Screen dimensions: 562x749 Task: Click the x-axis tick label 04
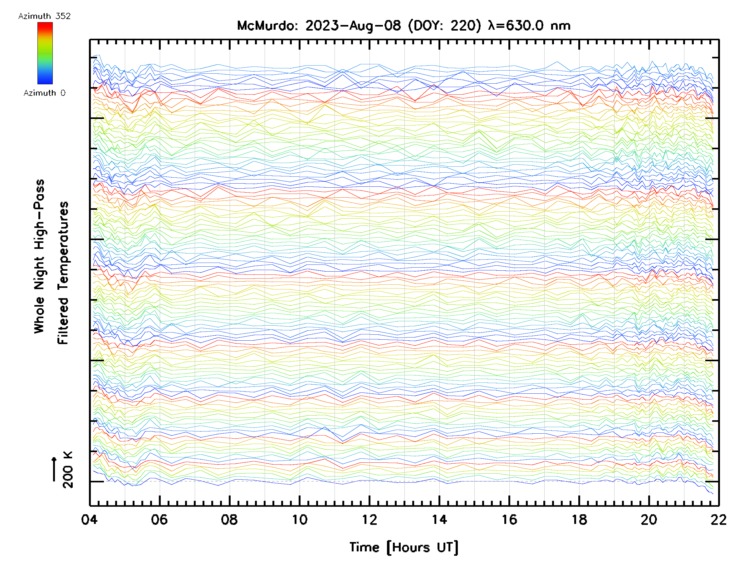pos(89,520)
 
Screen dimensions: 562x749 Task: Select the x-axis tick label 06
pos(159,520)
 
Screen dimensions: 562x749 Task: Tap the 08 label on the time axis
pos(229,520)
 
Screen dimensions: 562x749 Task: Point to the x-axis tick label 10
pos(299,520)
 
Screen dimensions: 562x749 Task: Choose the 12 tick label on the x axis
pos(370,520)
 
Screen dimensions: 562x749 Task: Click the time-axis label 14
pos(439,520)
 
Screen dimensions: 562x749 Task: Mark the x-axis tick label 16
pos(509,520)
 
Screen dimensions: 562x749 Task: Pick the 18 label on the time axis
pos(579,520)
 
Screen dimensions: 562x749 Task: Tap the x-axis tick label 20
pos(649,520)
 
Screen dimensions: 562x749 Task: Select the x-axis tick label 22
pos(718,520)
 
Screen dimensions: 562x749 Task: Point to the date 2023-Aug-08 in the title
pos(353,26)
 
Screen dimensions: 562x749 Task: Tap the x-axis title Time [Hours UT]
pos(404,547)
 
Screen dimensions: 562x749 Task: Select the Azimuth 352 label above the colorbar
pos(44,16)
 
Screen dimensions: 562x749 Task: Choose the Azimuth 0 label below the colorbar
pos(44,93)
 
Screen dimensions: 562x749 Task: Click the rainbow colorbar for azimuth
pos(45,53)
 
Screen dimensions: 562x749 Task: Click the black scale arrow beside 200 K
pos(54,469)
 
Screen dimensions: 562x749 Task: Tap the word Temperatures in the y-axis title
pos(63,273)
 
